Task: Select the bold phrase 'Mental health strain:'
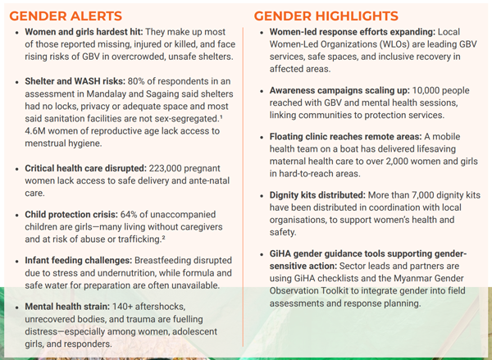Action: pos(75,305)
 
